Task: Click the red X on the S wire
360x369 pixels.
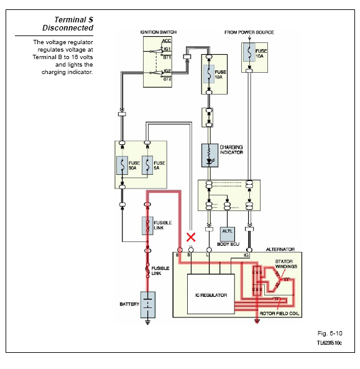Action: pyautogui.click(x=191, y=237)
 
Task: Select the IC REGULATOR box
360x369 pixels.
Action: pyautogui.click(x=211, y=294)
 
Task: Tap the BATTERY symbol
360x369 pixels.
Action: pyautogui.click(x=147, y=305)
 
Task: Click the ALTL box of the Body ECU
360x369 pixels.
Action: pyautogui.click(x=227, y=234)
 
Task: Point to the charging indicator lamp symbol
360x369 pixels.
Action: pyautogui.click(x=210, y=156)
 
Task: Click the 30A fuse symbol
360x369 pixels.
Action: pyautogui.click(x=122, y=165)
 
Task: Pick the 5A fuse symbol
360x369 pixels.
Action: pyautogui.click(x=147, y=165)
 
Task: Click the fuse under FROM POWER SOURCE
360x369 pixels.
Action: pyautogui.click(x=249, y=52)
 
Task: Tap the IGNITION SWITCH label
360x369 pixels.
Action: pyautogui.click(x=159, y=32)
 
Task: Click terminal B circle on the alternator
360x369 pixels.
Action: pyautogui.click(x=180, y=250)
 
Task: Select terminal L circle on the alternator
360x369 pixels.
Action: pyautogui.click(x=209, y=250)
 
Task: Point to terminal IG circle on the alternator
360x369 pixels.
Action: pyautogui.click(x=249, y=250)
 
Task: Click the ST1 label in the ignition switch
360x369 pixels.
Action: pyautogui.click(x=167, y=57)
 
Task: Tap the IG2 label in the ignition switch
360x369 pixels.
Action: pyautogui.click(x=167, y=71)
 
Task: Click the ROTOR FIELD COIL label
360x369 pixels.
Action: pyautogui.click(x=279, y=314)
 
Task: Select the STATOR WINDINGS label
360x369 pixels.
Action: pyautogui.click(x=286, y=264)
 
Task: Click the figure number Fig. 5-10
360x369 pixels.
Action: pyautogui.click(x=330, y=334)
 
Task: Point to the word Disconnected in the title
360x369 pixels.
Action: pyautogui.click(x=68, y=28)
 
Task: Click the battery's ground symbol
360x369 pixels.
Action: pyautogui.click(x=147, y=322)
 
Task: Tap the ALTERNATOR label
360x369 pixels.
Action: pyautogui.click(x=280, y=250)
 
